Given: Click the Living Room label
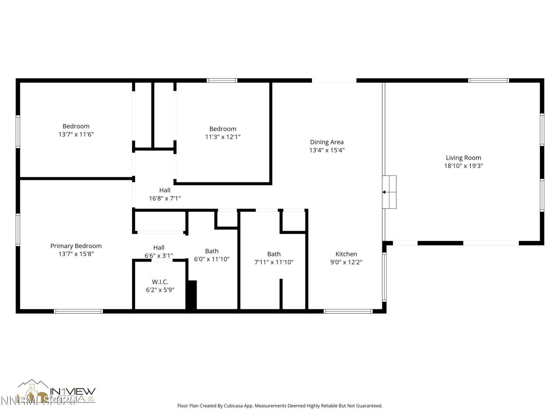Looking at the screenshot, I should point(463,158).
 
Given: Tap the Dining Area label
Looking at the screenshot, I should point(327,142).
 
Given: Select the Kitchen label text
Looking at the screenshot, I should point(346,254).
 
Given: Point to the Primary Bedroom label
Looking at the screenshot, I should point(76,246).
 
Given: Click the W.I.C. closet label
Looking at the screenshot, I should point(160,282).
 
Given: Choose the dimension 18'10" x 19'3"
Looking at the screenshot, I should point(463,166).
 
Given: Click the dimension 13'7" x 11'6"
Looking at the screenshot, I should point(76,134).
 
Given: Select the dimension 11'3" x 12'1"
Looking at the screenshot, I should point(223,137).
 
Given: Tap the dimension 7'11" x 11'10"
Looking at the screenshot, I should point(274,262).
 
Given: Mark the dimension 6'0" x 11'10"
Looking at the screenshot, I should point(212,259).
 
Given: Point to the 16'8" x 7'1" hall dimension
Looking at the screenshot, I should point(165,198).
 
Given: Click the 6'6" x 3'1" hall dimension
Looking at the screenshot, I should point(159,255).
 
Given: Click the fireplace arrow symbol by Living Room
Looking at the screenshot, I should point(384,192).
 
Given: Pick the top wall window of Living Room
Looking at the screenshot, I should point(488,80).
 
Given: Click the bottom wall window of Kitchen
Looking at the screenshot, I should point(348,311).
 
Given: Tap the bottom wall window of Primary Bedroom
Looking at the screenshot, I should point(78,311).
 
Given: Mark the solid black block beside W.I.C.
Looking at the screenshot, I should point(192,296).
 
